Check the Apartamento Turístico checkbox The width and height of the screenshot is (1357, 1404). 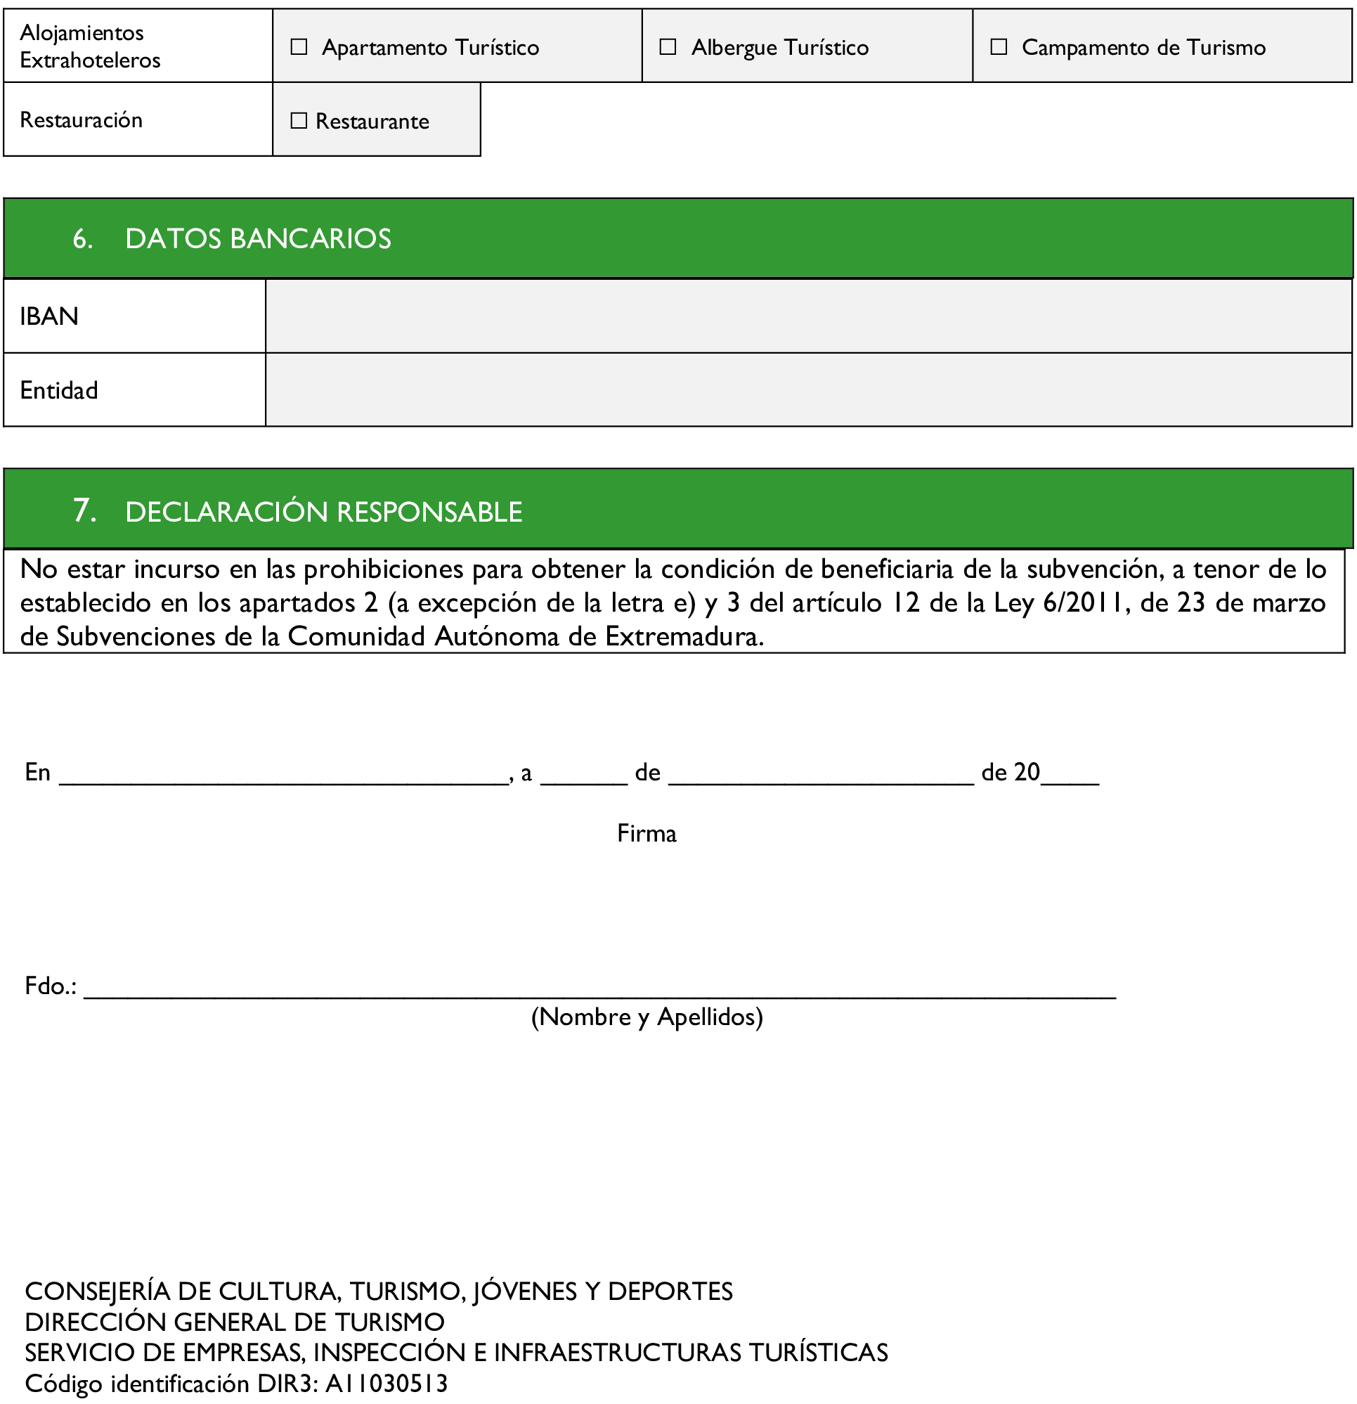point(299,47)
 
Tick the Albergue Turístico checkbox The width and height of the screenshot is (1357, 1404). point(668,47)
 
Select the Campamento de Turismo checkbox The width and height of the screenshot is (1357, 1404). point(998,47)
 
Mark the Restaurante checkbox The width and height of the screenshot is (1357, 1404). point(299,121)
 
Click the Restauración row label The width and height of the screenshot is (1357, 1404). point(81,120)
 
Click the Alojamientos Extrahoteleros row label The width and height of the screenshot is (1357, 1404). point(89,46)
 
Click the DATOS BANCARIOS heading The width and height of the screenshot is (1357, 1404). point(258,238)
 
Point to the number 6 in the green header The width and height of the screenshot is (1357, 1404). point(82,238)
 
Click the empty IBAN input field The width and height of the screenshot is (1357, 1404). point(807,316)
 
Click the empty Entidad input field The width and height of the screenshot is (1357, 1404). point(807,389)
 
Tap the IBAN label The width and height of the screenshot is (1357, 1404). point(48,316)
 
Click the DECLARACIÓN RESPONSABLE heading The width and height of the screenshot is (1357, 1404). point(323,512)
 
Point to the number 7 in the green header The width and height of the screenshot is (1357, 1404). point(84,510)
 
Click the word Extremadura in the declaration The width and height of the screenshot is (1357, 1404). point(683,636)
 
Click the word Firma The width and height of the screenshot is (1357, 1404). point(646,833)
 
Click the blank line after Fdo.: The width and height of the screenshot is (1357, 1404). point(599,988)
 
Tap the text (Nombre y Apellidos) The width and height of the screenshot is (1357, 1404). point(646,1017)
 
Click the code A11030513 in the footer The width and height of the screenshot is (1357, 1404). point(386,1383)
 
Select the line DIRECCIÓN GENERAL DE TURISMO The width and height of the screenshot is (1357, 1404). point(234,1322)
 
